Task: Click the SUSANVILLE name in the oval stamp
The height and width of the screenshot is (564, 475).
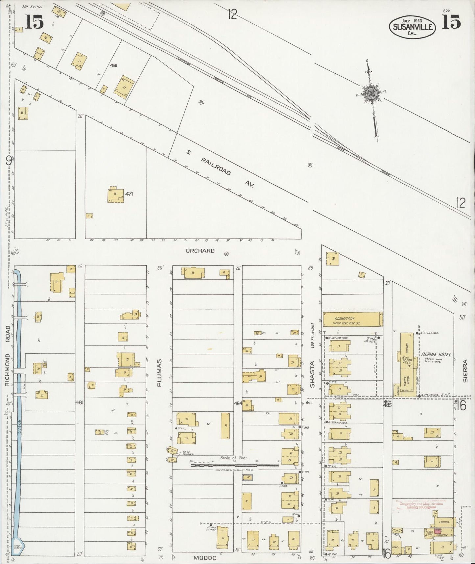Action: pos(413,27)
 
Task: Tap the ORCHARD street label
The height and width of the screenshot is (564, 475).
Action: pos(200,251)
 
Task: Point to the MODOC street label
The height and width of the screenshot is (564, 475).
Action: pos(204,558)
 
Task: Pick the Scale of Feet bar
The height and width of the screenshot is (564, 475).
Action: pos(235,465)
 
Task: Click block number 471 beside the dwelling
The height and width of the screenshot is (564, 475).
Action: pos(129,194)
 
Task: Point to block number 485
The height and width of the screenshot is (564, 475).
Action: pos(387,406)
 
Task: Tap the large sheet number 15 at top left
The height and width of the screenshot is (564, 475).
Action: pos(34,22)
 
